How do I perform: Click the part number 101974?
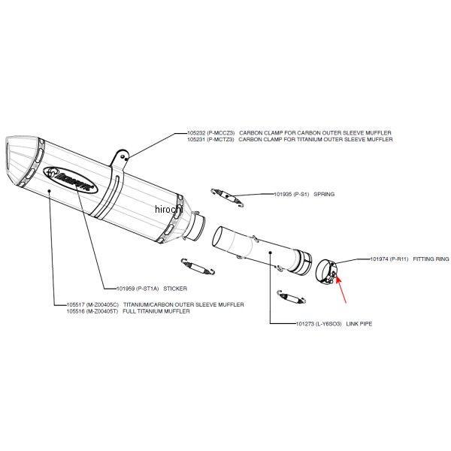pyautogui.click(x=379, y=259)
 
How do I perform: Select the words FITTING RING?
pyautogui.click(x=431, y=259)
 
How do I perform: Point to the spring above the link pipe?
pyautogui.click(x=227, y=197)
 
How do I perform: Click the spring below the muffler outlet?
pyautogui.click(x=198, y=267)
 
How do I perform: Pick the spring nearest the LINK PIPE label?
pyautogui.click(x=292, y=298)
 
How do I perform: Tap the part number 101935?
pyautogui.click(x=283, y=194)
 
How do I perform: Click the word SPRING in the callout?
pyautogui.click(x=324, y=194)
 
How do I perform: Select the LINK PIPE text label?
pyautogui.click(x=359, y=323)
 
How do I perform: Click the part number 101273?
pyautogui.click(x=305, y=323)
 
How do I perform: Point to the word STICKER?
pyautogui.click(x=175, y=289)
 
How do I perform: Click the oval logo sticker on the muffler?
pyautogui.click(x=71, y=180)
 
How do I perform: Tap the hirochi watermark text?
pyautogui.click(x=168, y=209)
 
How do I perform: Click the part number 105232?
pyautogui.click(x=197, y=133)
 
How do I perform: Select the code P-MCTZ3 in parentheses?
pyautogui.click(x=220, y=140)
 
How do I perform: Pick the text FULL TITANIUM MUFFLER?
pyautogui.click(x=156, y=311)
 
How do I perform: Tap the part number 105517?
pyautogui.click(x=76, y=304)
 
